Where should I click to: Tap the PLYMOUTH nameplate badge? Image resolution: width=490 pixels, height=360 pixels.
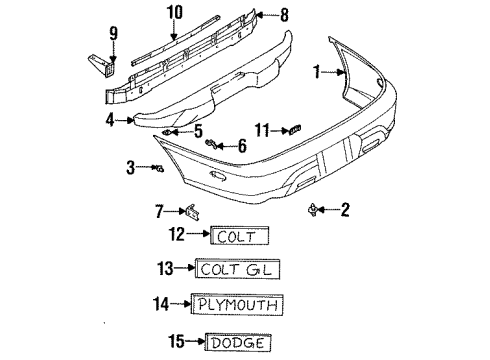click(x=236, y=305)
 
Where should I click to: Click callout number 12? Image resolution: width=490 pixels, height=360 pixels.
click(x=177, y=236)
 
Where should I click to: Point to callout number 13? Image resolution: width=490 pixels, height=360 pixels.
click(x=167, y=269)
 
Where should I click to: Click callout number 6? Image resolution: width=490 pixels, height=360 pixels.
click(x=241, y=146)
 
